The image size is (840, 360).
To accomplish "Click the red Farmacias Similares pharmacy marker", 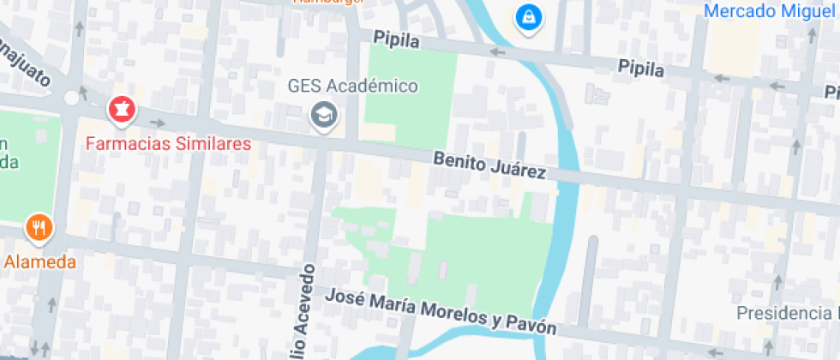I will (120, 110).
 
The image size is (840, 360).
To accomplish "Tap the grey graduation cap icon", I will (323, 113).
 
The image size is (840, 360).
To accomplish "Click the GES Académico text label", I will (352, 87).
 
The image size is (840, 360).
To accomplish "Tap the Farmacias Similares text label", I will (168, 143).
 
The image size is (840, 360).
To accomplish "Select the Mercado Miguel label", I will (770, 11).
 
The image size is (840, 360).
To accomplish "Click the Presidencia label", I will (787, 313).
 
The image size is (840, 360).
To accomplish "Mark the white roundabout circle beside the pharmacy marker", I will (71, 98).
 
